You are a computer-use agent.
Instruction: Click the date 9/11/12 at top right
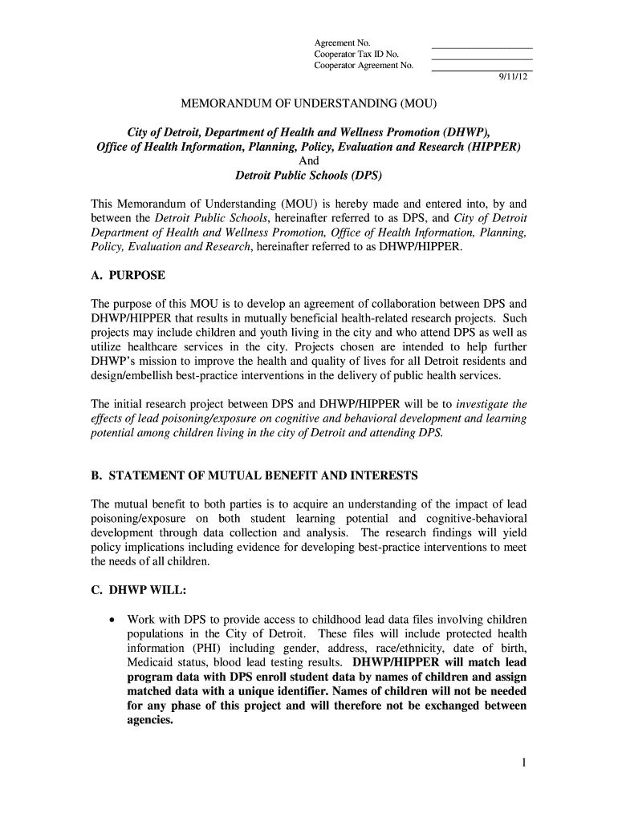[512, 78]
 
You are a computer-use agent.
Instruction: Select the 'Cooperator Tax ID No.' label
[356, 54]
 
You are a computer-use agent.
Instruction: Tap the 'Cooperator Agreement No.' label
[363, 66]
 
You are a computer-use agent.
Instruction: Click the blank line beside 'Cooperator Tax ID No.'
[482, 58]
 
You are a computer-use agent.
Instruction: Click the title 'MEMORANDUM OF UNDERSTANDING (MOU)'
[308, 104]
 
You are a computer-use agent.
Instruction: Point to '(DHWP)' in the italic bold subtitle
[465, 131]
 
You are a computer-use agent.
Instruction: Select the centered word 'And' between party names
[308, 160]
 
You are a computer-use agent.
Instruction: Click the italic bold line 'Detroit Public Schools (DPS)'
[308, 175]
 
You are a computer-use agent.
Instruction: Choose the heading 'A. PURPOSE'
[128, 275]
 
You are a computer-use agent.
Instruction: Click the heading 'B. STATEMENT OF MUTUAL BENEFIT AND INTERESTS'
[254, 475]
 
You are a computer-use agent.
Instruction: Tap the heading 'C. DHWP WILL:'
[138, 590]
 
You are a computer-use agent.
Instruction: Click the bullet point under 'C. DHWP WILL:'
[112, 620]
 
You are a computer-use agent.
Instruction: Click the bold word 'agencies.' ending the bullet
[150, 720]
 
